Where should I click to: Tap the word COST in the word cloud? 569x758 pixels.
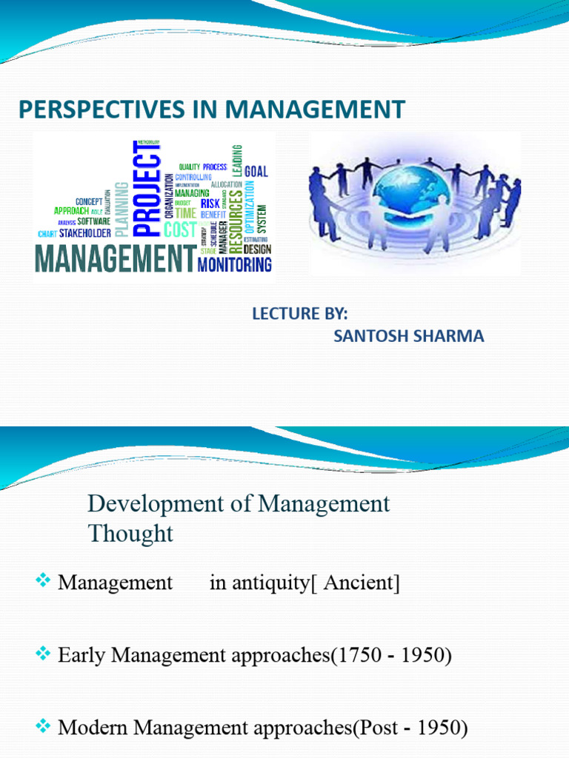(x=179, y=229)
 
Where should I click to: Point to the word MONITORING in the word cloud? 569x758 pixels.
(x=235, y=264)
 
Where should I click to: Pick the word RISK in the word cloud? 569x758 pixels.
(x=210, y=203)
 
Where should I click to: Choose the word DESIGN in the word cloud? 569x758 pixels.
(x=257, y=249)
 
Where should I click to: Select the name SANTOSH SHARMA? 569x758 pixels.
(x=408, y=336)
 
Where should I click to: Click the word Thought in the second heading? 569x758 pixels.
(x=130, y=533)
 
